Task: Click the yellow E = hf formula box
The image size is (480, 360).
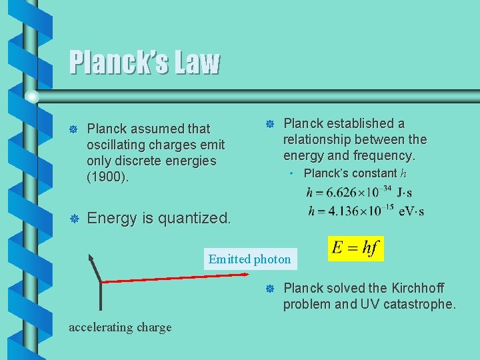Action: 356,249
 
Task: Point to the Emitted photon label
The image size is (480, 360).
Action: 249,259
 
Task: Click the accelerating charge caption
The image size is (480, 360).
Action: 120,327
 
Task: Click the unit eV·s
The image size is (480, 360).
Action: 411,212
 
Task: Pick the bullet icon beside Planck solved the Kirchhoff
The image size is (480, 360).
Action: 270,289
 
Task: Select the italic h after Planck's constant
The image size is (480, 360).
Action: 403,173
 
